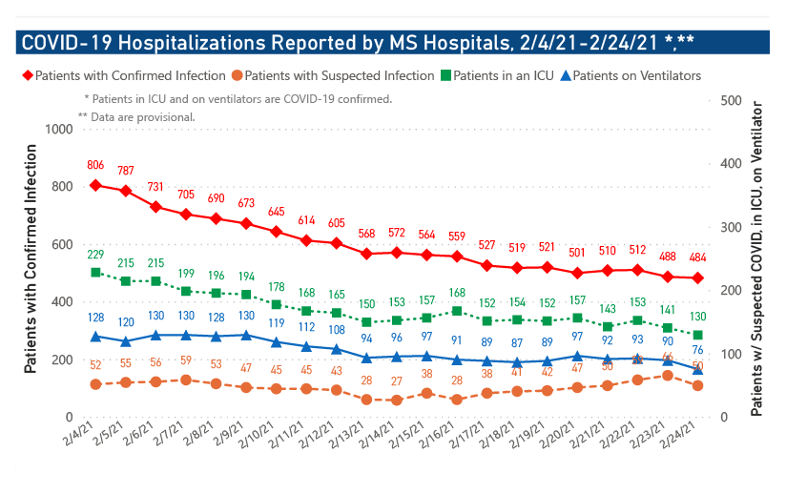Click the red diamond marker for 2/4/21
pos(96,185)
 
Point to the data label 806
pos(95,165)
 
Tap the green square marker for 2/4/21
pos(96,273)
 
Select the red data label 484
pos(698,257)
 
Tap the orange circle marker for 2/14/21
pos(397,400)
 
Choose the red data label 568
pos(367,234)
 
